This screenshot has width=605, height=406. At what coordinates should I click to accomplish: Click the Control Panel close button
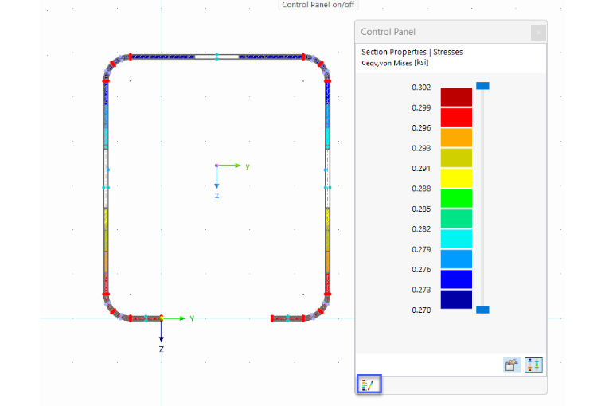(538, 33)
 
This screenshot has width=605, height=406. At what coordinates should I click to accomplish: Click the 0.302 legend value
(421, 88)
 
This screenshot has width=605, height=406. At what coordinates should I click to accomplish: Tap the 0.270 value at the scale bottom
(421, 310)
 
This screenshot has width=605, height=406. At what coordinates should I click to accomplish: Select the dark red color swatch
(456, 97)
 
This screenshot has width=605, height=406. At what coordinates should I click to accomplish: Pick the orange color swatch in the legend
(456, 138)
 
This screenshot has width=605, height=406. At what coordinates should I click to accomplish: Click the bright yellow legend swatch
(456, 178)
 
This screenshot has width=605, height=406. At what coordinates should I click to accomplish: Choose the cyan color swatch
(456, 239)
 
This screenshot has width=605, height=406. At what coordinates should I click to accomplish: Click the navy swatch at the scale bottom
(456, 299)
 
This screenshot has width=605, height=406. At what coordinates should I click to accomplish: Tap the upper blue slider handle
(482, 86)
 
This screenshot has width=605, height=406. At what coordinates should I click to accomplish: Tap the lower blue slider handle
(482, 310)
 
